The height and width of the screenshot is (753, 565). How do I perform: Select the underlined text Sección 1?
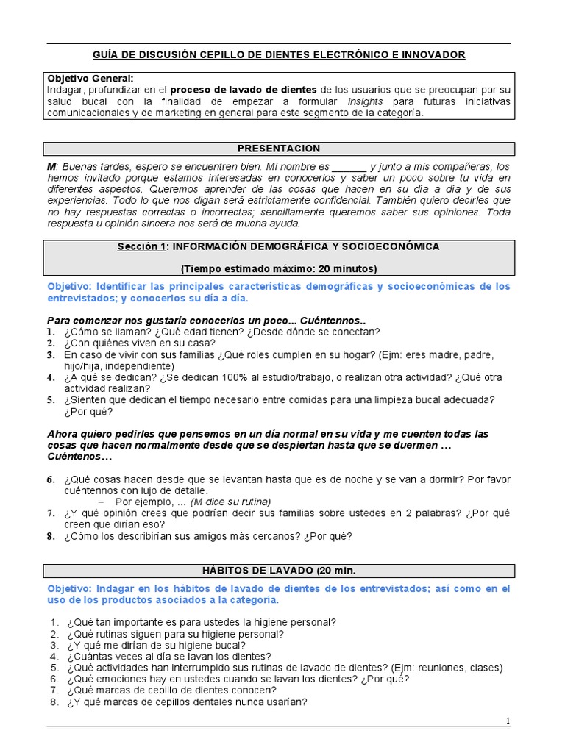142,247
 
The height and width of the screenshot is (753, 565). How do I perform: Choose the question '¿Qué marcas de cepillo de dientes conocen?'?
171,690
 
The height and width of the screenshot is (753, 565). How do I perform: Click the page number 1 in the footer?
508,721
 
